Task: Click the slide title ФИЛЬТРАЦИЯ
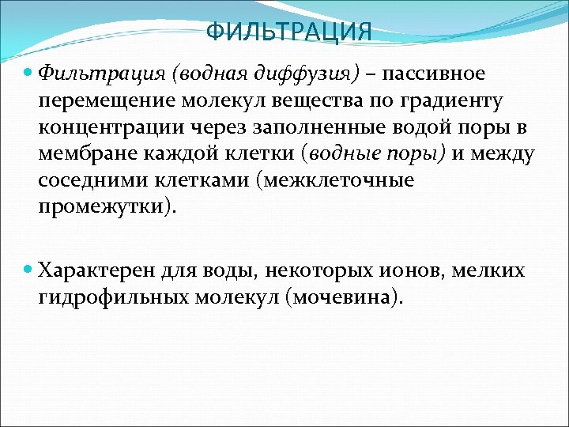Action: pyautogui.click(x=288, y=32)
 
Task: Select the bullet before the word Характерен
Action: pyautogui.click(x=29, y=269)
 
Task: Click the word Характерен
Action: pyautogui.click(x=96, y=270)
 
